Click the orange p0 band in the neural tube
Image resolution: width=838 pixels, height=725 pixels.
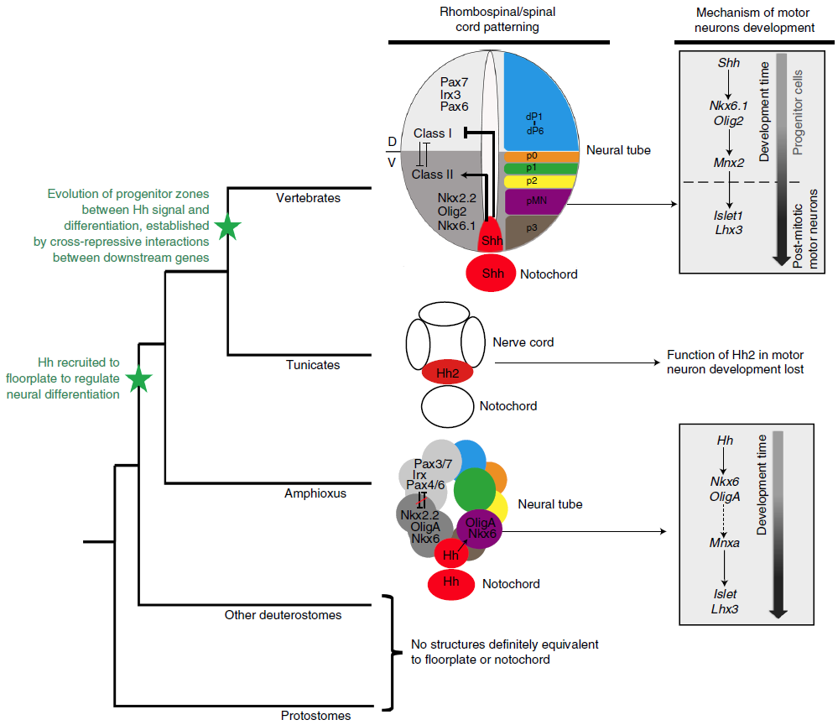[541, 157]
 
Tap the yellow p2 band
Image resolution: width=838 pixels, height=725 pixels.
[541, 180]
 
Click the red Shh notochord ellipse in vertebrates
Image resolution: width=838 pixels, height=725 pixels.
[492, 274]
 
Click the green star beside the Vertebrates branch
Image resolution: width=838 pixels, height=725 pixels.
[226, 227]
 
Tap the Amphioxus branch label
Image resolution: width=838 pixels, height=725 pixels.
[309, 494]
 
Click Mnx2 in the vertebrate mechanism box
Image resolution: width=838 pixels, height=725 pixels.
[729, 163]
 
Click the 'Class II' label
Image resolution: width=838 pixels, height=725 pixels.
[433, 175]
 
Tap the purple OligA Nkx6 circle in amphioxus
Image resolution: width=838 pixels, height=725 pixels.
[480, 528]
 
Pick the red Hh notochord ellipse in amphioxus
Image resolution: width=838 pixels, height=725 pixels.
[452, 584]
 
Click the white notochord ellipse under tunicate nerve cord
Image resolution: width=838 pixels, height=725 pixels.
[446, 407]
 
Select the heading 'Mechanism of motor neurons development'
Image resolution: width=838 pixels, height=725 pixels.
[756, 21]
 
